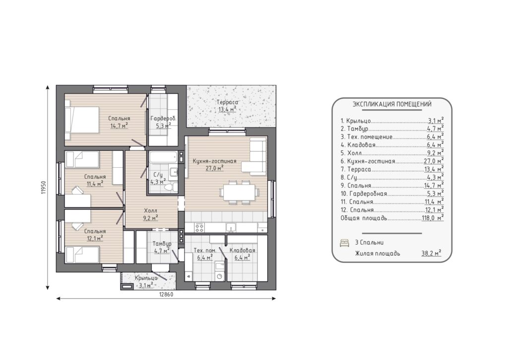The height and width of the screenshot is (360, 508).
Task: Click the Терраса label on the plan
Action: click(x=227, y=102)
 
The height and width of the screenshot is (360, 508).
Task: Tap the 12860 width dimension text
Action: click(x=166, y=294)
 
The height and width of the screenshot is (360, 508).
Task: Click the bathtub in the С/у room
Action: click(x=163, y=158)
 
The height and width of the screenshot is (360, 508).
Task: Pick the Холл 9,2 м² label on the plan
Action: click(x=150, y=215)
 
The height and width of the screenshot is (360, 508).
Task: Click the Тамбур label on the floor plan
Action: click(x=162, y=244)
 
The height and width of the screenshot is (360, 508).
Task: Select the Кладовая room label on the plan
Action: click(x=242, y=250)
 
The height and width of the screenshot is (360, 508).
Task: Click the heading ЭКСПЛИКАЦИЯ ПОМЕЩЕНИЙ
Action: click(x=392, y=104)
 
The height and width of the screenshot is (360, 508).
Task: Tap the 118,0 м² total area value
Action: click(x=433, y=217)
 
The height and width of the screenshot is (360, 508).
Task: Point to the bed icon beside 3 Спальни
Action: click(x=344, y=243)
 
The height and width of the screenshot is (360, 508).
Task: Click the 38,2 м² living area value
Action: click(x=431, y=253)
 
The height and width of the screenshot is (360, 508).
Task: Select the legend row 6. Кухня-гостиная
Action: click(x=392, y=161)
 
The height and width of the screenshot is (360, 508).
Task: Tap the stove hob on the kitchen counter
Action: click(x=199, y=228)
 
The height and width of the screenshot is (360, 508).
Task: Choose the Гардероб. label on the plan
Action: click(x=163, y=119)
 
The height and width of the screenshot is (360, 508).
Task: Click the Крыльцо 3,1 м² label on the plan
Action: click(x=146, y=282)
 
